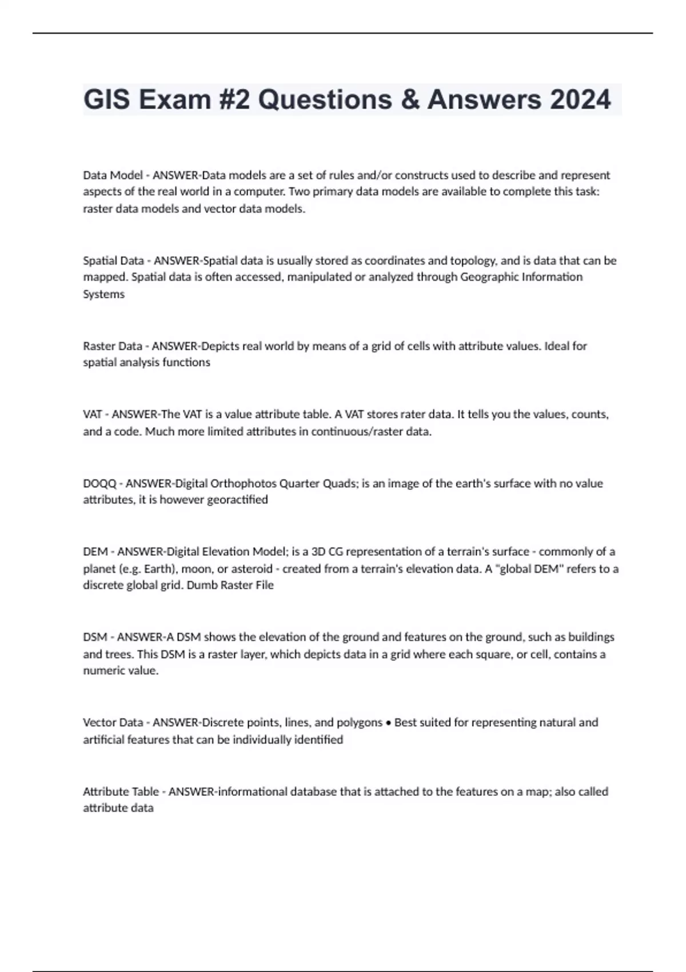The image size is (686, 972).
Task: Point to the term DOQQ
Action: (99, 484)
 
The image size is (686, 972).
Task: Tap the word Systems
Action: (103, 294)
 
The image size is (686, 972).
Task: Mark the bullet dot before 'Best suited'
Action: (389, 723)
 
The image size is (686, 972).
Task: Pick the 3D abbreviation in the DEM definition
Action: (318, 552)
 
